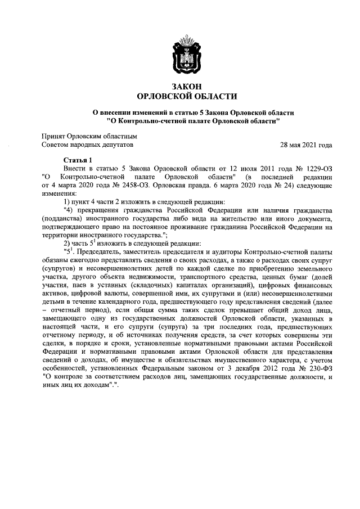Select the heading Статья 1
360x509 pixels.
coord(79,160)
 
